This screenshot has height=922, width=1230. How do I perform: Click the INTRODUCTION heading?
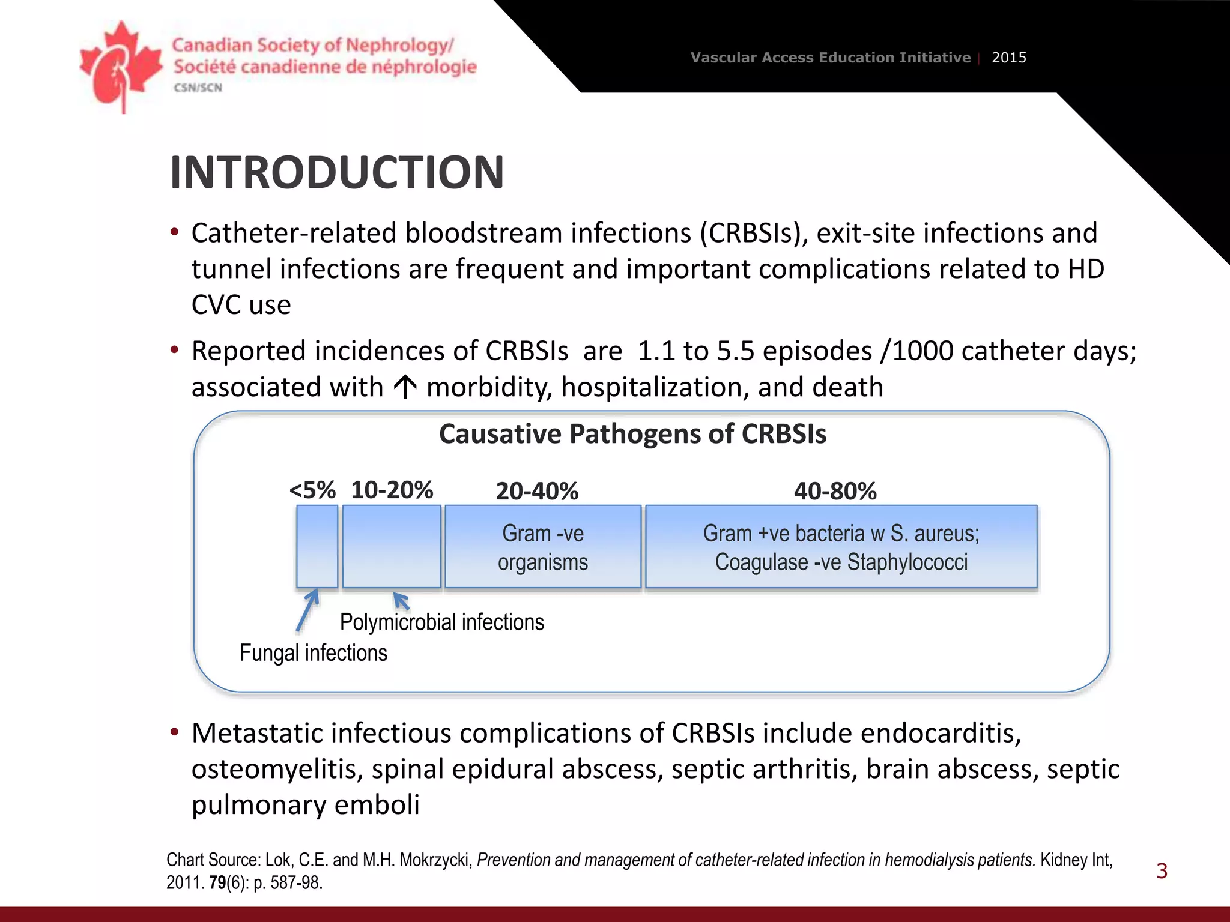[x=336, y=173]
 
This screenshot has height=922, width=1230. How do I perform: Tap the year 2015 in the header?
[x=1008, y=58]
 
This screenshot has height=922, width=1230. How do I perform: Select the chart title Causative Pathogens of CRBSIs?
[x=632, y=434]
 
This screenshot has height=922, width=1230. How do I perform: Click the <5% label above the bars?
[x=312, y=490]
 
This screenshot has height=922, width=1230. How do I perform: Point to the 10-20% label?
[x=392, y=490]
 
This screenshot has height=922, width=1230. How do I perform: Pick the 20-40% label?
[x=537, y=492]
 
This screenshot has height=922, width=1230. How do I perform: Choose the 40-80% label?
[x=835, y=492]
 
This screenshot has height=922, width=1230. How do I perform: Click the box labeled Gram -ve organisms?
[x=543, y=547]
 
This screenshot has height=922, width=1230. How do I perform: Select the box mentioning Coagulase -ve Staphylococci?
[x=841, y=547]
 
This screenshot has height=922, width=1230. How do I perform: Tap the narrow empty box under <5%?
[x=317, y=547]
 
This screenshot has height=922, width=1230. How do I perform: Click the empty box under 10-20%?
[x=392, y=547]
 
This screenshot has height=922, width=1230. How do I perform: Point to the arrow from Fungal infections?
[x=307, y=610]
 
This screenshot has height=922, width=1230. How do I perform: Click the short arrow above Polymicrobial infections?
[x=401, y=601]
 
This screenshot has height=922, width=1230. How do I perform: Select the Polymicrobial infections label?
[x=441, y=622]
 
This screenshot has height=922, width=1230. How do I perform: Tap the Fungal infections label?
[x=313, y=653]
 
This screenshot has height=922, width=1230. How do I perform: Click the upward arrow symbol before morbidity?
[x=405, y=387]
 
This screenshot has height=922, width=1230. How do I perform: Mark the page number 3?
[x=1162, y=871]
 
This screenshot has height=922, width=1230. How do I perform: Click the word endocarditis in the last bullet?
[x=941, y=734]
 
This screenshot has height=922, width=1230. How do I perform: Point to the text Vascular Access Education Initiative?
[x=830, y=58]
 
